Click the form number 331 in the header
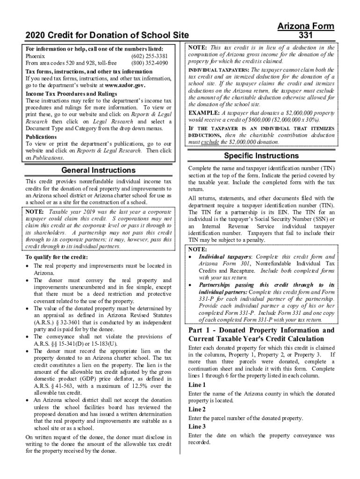(x=306, y=35)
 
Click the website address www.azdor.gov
(x=125, y=86)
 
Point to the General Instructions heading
(x=99, y=170)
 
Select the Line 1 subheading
(x=197, y=385)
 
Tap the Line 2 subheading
(x=197, y=409)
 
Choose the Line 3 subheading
(x=197, y=427)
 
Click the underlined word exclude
(x=210, y=142)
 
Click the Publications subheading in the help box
(x=41, y=137)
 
